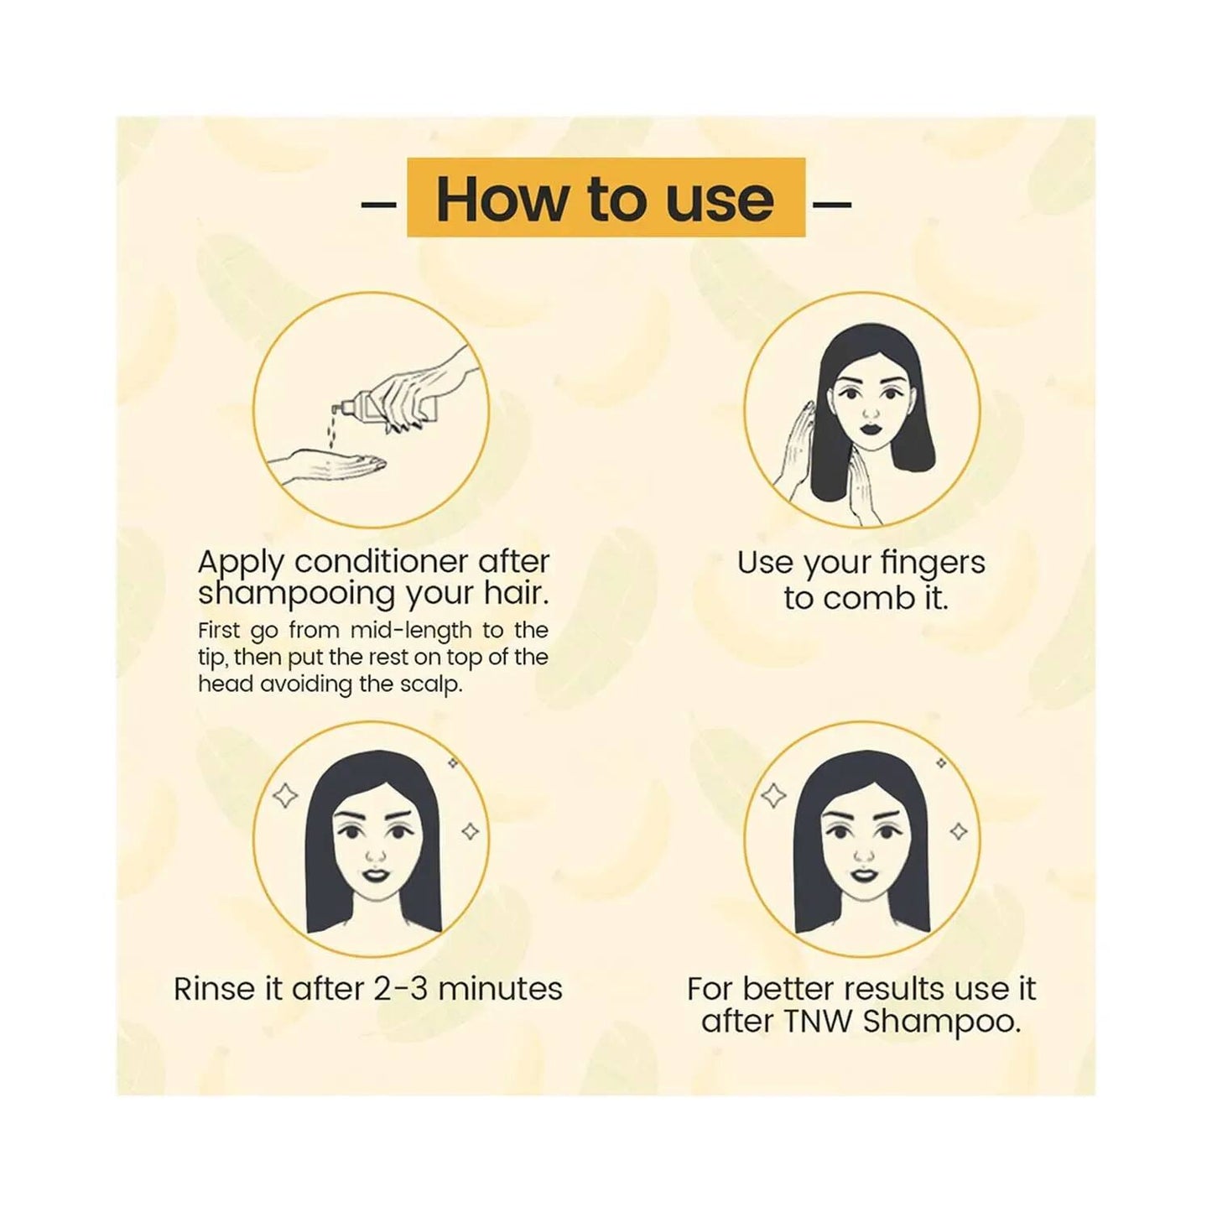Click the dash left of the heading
point(378,203)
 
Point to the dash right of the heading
point(832,203)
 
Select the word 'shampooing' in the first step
point(296,594)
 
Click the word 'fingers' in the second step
point(934,563)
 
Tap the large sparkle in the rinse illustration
point(286,794)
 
